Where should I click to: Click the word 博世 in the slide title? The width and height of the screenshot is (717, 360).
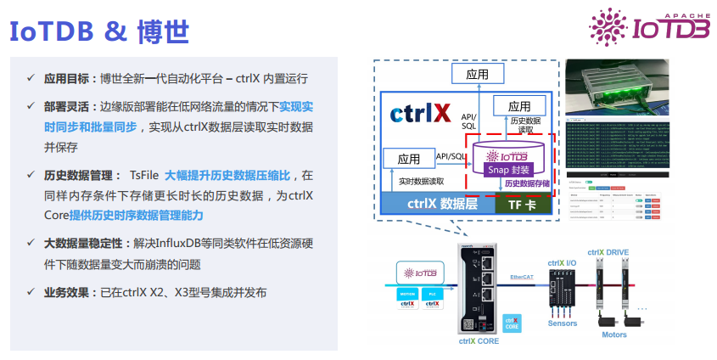click(x=162, y=31)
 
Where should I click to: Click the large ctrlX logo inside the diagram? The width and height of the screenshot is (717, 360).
click(x=419, y=114)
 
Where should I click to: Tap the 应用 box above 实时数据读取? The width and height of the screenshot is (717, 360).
click(x=408, y=159)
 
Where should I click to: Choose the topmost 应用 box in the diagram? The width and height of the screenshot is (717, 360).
click(x=477, y=74)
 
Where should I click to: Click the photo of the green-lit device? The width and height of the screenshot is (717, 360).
click(x=617, y=89)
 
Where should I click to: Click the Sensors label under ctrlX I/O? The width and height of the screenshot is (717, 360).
click(x=563, y=323)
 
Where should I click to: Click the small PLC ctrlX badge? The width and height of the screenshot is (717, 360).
click(x=432, y=300)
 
